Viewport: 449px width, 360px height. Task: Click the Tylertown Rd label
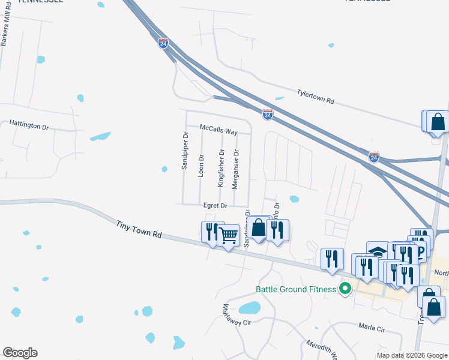pyautogui.click(x=315, y=97)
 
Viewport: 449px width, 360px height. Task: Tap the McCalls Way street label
pyautogui.click(x=219, y=131)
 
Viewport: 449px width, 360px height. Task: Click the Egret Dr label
pyautogui.click(x=215, y=206)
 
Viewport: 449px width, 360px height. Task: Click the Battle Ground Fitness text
pyautogui.click(x=296, y=289)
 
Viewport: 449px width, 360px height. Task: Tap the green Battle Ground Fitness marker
pyautogui.click(x=345, y=289)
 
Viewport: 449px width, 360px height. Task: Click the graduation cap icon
pyautogui.click(x=378, y=251)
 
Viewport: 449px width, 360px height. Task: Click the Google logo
pyautogui.click(x=20, y=353)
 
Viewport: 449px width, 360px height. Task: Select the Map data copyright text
pyautogui.click(x=411, y=355)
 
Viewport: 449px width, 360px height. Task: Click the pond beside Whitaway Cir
pyautogui.click(x=250, y=308)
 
